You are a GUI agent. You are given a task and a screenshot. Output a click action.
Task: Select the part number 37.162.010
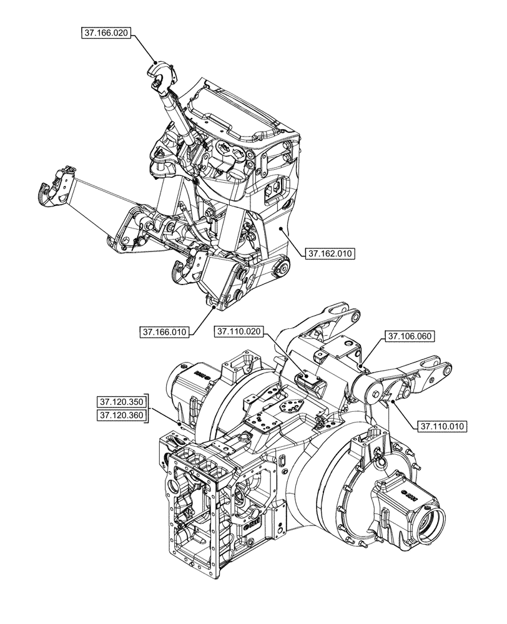click(x=330, y=253)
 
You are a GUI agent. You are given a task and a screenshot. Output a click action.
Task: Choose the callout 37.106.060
click(x=410, y=336)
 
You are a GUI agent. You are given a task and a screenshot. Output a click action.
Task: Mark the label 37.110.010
click(x=441, y=426)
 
